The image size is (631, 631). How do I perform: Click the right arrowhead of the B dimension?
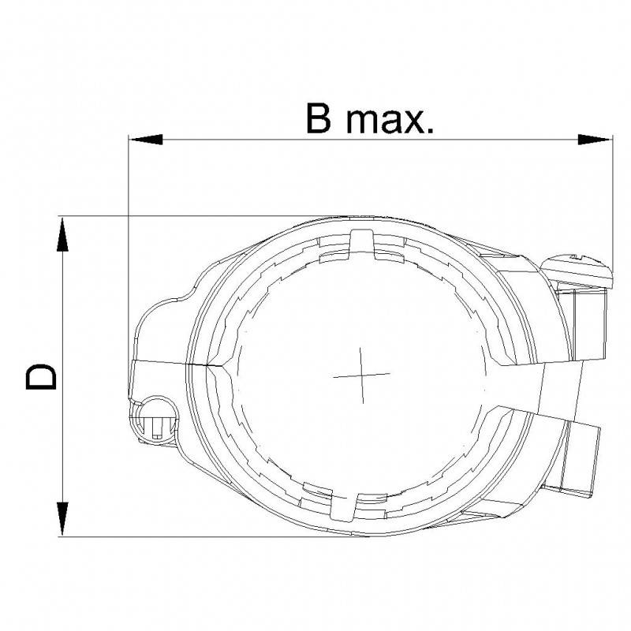[596, 140]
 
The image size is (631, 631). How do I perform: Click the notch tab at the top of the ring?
[360, 241]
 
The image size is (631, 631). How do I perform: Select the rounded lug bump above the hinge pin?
[162, 323]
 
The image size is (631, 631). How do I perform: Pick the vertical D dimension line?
[62, 442]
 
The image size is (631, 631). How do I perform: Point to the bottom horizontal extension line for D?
[237, 537]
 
